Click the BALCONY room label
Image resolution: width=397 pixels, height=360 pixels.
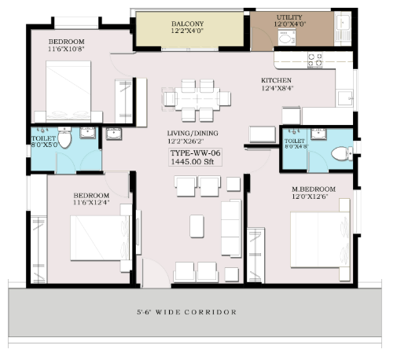click(x=187, y=24)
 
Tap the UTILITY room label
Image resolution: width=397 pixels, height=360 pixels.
click(x=289, y=17)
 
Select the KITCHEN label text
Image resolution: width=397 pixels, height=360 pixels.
click(x=276, y=80)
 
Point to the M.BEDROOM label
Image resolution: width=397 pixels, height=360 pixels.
click(x=314, y=189)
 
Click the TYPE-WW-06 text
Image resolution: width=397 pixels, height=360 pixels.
click(x=195, y=152)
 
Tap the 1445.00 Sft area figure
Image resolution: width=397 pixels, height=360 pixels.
click(x=193, y=161)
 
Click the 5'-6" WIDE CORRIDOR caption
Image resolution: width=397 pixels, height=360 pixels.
click(x=186, y=312)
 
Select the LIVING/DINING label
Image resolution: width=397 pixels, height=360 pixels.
click(x=193, y=133)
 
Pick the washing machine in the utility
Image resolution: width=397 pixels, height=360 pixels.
click(x=286, y=37)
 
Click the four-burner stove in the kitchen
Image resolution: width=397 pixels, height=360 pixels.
click(x=315, y=60)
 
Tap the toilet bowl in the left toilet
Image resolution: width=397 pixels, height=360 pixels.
click(x=64, y=138)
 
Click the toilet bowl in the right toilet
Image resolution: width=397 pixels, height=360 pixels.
click(x=342, y=153)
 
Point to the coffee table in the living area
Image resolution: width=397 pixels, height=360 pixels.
click(x=197, y=226)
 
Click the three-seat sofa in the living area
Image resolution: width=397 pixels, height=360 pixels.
click(x=231, y=228)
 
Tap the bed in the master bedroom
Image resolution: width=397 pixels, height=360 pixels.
click(x=320, y=240)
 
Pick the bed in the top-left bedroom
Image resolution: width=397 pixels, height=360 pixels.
click(x=68, y=91)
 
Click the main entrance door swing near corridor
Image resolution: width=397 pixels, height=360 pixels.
click(x=156, y=273)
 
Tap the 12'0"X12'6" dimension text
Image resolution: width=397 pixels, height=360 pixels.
click(x=310, y=197)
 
